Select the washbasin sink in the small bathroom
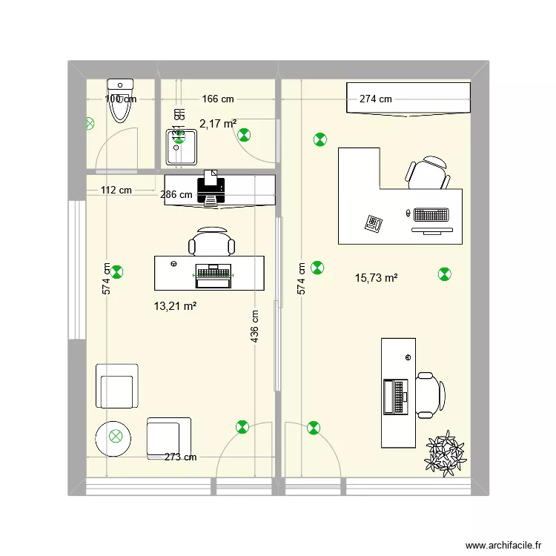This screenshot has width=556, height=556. pyautogui.click(x=181, y=147)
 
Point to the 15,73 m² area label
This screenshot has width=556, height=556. pyautogui.click(x=377, y=278)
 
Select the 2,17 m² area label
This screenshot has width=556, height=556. pyautogui.click(x=218, y=124)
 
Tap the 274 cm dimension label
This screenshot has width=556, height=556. pyautogui.click(x=376, y=99)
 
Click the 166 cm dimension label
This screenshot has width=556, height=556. pyautogui.click(x=218, y=99)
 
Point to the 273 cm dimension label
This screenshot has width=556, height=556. pyautogui.click(x=180, y=457)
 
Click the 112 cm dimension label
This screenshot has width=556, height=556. pyautogui.click(x=116, y=190)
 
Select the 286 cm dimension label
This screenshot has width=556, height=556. pyautogui.click(x=177, y=195)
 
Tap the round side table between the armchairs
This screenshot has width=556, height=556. pyautogui.click(x=116, y=436)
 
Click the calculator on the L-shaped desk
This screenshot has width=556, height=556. pyautogui.click(x=374, y=222)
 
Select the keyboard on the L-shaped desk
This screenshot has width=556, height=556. pyautogui.click(x=431, y=215)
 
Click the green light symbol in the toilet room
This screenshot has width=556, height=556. pyautogui.click(x=90, y=124)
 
